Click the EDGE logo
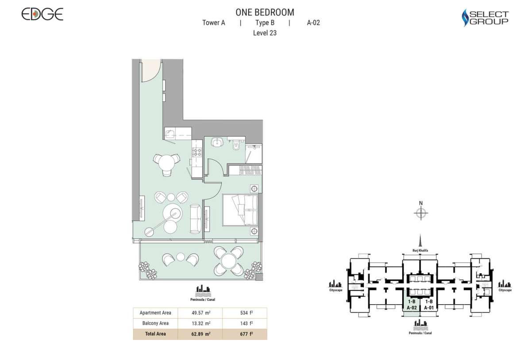coord(42,14)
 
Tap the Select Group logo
coord(485,18)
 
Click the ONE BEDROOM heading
coord(265,12)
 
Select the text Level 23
coord(265,33)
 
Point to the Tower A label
coord(214,23)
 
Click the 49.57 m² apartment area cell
coord(200,313)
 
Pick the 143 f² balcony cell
coord(244,323)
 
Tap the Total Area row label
coord(155,334)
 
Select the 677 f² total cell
coord(244,334)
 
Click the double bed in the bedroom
coord(239,210)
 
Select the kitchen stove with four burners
coord(196,153)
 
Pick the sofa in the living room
coord(194,219)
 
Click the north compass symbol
coord(421,213)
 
